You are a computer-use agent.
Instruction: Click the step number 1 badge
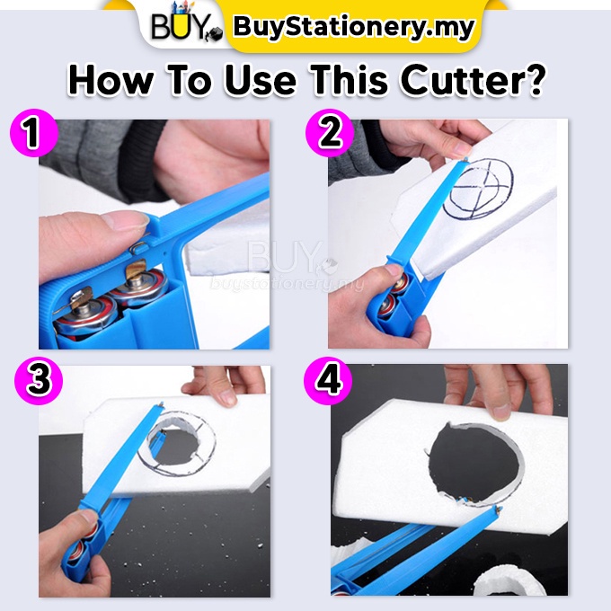tap(34, 132)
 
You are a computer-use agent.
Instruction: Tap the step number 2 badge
tap(330, 132)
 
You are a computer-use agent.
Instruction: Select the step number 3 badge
tap(39, 380)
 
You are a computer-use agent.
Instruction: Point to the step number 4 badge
tap(328, 380)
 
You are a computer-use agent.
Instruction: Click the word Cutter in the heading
tap(472, 80)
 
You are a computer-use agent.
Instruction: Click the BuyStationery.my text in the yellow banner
tap(354, 26)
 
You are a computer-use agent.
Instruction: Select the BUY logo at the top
tap(186, 26)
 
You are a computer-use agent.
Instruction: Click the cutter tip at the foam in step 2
tap(465, 159)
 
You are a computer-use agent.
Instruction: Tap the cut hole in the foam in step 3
tap(173, 444)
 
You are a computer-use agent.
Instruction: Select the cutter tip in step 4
tap(497, 508)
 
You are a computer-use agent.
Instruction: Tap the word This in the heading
tap(350, 80)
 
